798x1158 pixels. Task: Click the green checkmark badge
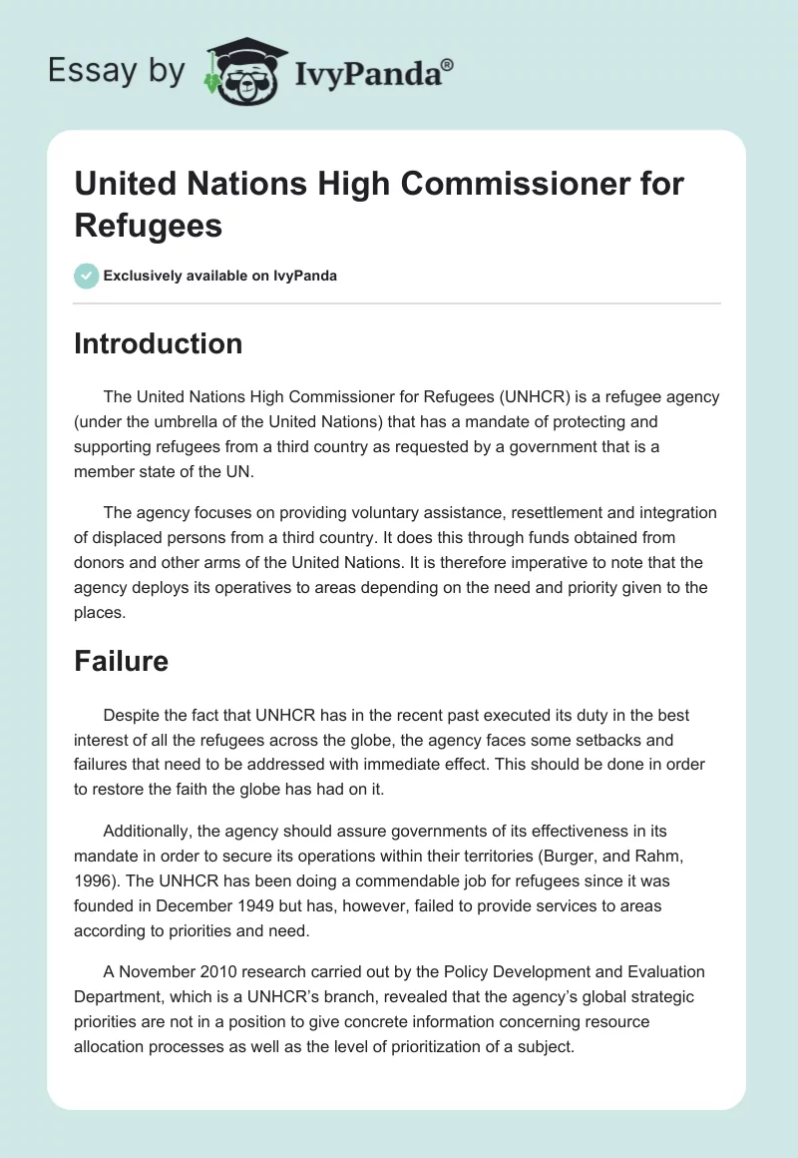click(87, 276)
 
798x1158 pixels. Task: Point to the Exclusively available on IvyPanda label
click(220, 276)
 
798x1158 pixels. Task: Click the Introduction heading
click(159, 343)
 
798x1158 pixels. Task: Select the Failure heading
click(121, 661)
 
